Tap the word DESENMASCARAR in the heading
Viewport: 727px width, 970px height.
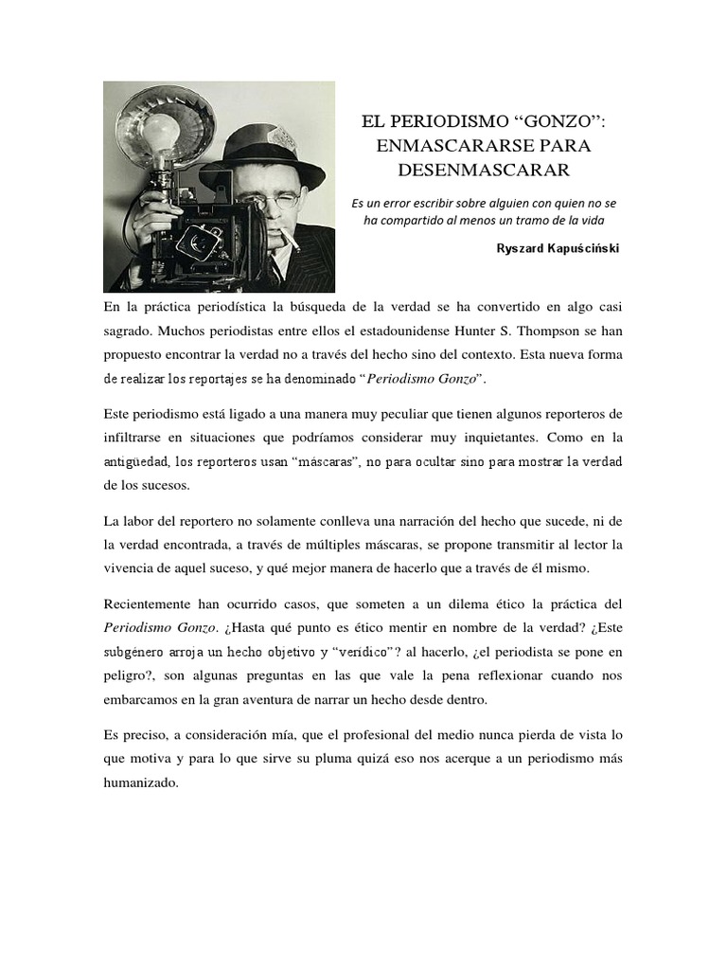(483, 171)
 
